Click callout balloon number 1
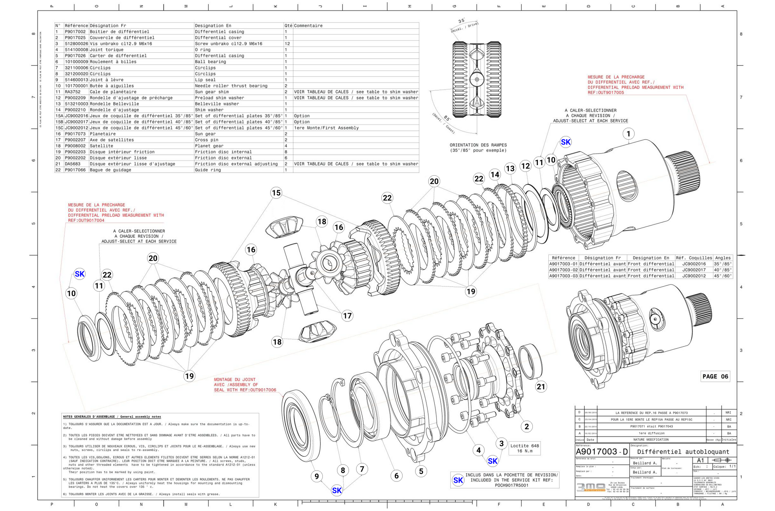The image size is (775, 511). coord(628,134)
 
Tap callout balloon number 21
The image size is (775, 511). coord(541,386)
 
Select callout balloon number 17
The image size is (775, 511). coord(347,316)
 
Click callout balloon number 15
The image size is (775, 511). coord(276,193)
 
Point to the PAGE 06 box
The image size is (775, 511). coord(715,376)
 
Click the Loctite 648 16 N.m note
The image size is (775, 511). coord(524,448)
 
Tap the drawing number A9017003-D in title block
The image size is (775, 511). coord(601,452)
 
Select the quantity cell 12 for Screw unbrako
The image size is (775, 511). coord(287,44)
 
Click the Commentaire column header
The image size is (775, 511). coord(308,26)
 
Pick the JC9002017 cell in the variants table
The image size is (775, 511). coord(694,270)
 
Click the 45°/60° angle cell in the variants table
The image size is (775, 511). coord(723,276)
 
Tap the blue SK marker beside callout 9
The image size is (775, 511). coord(337,490)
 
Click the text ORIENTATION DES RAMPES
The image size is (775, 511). coord(478,145)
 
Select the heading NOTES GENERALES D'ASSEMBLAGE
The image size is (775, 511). coord(112,417)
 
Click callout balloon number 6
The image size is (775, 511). coord(396,476)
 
